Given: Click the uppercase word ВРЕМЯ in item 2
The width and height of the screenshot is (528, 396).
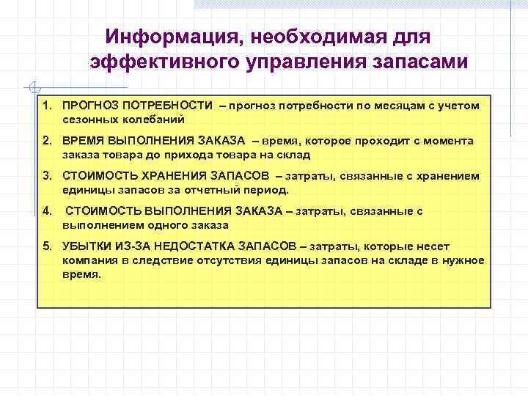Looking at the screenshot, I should coord(82,141).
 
